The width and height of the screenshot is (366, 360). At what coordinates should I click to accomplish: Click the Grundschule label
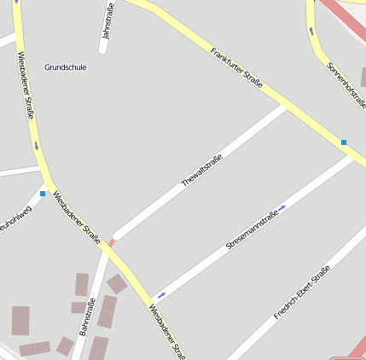click(x=66, y=67)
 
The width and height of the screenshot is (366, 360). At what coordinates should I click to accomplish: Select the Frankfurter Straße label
click(x=236, y=72)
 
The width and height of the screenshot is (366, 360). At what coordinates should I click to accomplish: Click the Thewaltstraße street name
click(x=201, y=171)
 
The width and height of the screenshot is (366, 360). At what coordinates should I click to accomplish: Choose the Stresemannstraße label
click(x=252, y=229)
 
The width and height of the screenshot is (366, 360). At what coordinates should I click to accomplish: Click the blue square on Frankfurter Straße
click(x=344, y=142)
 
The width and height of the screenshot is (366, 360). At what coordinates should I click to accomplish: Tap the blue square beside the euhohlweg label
click(x=43, y=194)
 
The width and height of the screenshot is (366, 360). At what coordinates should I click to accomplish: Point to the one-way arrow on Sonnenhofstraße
click(x=311, y=32)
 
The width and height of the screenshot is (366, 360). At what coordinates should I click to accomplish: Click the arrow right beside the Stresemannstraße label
click(x=282, y=206)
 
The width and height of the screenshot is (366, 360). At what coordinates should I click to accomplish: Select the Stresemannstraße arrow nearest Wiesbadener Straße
click(x=162, y=294)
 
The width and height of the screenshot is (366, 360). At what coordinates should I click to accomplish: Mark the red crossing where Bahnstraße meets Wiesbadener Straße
click(x=111, y=243)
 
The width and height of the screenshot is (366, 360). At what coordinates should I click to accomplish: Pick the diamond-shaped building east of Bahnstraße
click(x=117, y=283)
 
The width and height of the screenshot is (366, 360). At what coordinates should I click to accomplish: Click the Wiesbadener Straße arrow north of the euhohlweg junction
click(x=37, y=146)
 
